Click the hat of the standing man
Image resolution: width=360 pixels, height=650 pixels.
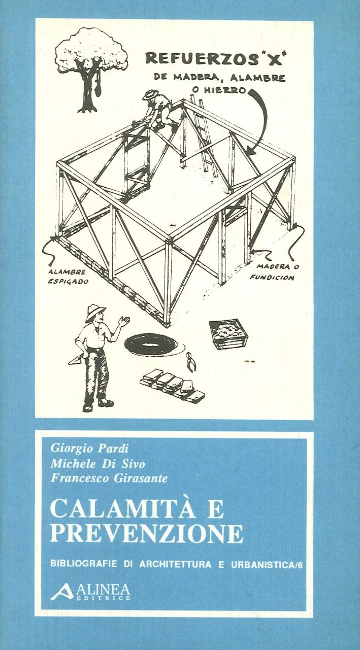tap(95, 313)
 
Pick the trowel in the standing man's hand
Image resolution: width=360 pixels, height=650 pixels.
tap(76, 360)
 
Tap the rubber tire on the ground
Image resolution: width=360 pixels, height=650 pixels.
tap(151, 345)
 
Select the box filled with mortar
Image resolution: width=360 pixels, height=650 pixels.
tap(229, 333)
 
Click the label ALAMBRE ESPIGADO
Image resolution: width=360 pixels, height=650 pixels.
tap(68, 277)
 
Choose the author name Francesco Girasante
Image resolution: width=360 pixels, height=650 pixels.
tap(109, 478)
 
